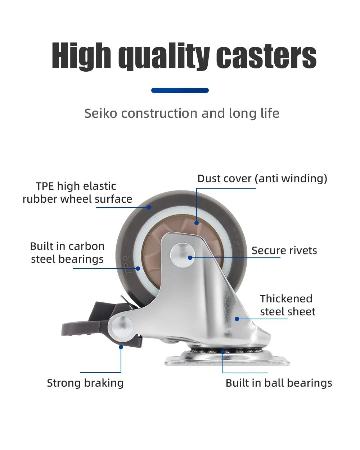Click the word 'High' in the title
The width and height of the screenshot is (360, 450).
click(x=81, y=56)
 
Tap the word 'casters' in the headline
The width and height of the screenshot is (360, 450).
click(x=266, y=56)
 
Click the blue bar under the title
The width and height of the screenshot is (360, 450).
click(x=180, y=90)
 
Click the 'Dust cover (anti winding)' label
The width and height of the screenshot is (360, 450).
click(x=262, y=179)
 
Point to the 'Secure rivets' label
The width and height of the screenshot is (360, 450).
click(x=284, y=251)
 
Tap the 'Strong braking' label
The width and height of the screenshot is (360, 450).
click(x=85, y=383)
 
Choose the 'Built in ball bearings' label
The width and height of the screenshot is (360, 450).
click(x=279, y=383)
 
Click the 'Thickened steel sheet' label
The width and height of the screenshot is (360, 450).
click(x=287, y=305)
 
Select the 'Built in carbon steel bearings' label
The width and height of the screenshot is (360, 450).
click(x=67, y=253)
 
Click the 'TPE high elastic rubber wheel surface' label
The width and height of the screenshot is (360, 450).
click(x=77, y=193)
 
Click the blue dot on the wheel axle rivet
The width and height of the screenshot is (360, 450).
click(x=190, y=258)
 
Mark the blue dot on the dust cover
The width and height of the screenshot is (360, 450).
click(x=196, y=223)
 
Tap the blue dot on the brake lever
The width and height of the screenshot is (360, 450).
click(x=121, y=347)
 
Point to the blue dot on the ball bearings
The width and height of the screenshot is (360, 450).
click(x=223, y=352)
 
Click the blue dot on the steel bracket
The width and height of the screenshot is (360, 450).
click(x=237, y=319)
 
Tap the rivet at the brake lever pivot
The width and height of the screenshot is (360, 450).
click(x=122, y=327)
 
